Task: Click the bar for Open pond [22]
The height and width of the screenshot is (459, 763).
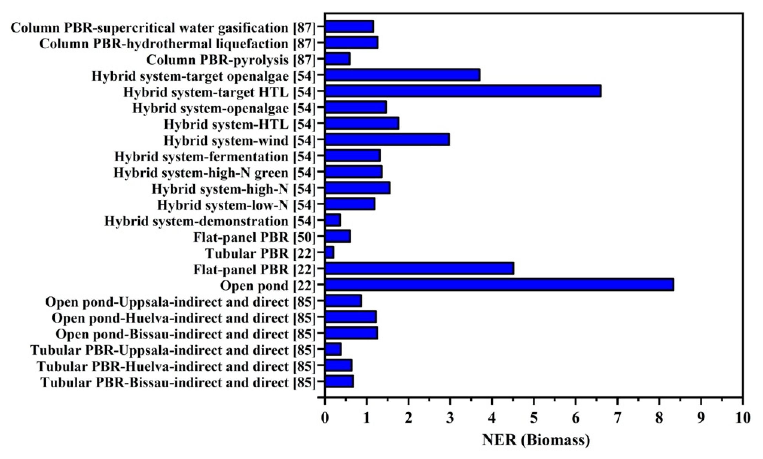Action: click(499, 284)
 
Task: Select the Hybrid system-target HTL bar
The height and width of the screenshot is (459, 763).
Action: click(463, 91)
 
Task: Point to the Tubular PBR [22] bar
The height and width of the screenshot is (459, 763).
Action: click(329, 252)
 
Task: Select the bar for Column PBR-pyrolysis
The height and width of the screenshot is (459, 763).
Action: click(337, 59)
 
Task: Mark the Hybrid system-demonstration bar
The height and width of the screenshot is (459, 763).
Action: click(333, 220)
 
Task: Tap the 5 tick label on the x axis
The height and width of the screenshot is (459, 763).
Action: click(534, 418)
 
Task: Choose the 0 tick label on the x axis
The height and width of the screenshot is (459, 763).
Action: click(325, 418)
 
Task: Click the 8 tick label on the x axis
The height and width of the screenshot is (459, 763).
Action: click(659, 418)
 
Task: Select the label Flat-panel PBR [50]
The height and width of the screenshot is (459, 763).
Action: click(255, 237)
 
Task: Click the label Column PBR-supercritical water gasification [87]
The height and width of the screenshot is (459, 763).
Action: click(163, 28)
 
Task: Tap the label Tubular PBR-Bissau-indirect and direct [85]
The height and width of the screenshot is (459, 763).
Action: click(178, 382)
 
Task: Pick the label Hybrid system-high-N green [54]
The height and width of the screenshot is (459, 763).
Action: click(214, 173)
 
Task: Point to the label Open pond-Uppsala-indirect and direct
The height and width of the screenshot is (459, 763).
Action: click(180, 302)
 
